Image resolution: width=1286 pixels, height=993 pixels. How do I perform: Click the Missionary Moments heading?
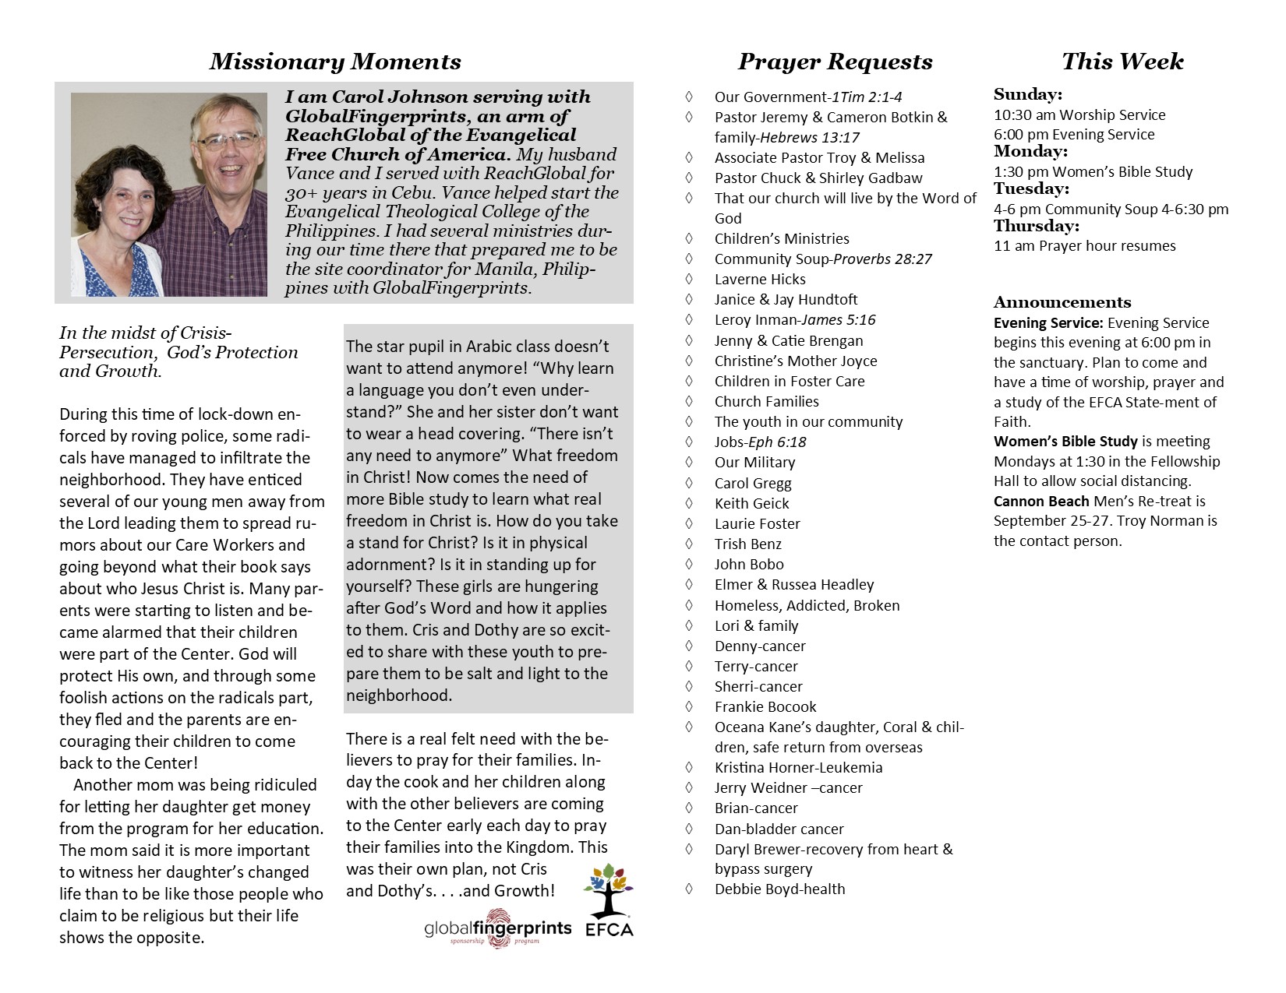(x=335, y=62)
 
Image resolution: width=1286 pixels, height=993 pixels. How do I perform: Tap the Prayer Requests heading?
(x=835, y=62)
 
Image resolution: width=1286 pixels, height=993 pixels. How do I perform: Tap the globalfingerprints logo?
(x=498, y=928)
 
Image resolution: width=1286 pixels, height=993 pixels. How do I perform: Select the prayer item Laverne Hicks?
(x=760, y=279)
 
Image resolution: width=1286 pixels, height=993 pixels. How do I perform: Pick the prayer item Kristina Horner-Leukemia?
(x=798, y=767)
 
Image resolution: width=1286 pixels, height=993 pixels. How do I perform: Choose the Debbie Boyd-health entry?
(x=779, y=889)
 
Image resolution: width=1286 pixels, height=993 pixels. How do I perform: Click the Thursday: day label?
(x=1036, y=226)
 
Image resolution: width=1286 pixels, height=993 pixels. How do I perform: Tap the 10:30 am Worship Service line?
(x=1079, y=114)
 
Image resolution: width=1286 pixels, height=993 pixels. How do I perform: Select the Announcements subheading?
(x=1062, y=302)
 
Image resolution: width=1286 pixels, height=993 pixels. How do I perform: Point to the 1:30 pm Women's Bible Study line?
(x=1093, y=171)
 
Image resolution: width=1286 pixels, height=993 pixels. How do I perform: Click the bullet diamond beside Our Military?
(x=689, y=462)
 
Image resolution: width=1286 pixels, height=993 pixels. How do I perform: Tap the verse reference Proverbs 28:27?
(x=882, y=259)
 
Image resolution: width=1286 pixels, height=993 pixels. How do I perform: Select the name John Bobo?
(x=749, y=564)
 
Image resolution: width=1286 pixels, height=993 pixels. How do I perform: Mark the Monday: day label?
(x=1030, y=151)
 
